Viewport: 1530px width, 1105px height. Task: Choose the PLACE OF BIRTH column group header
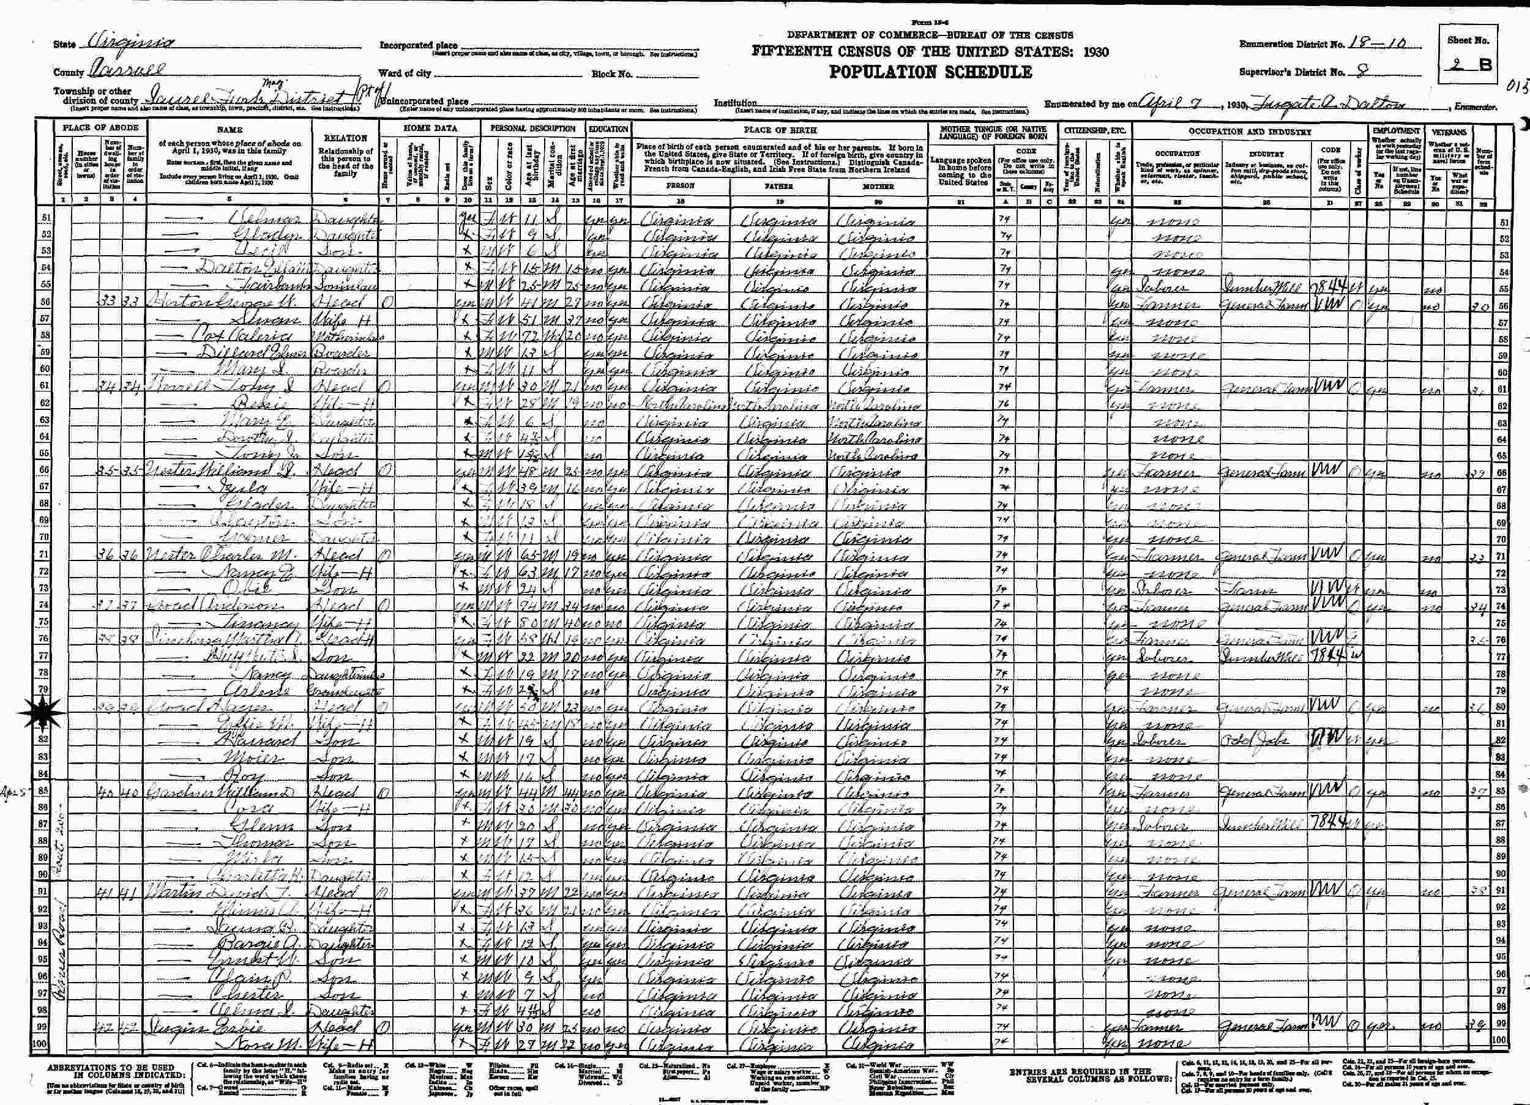(x=780, y=130)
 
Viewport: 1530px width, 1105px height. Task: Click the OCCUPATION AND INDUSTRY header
(x=1249, y=132)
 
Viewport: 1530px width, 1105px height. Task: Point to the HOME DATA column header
(x=430, y=128)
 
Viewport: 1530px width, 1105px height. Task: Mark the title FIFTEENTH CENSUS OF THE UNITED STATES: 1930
(x=930, y=52)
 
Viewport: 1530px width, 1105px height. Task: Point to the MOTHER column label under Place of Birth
(x=877, y=184)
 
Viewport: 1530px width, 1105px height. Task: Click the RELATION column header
(x=345, y=138)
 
